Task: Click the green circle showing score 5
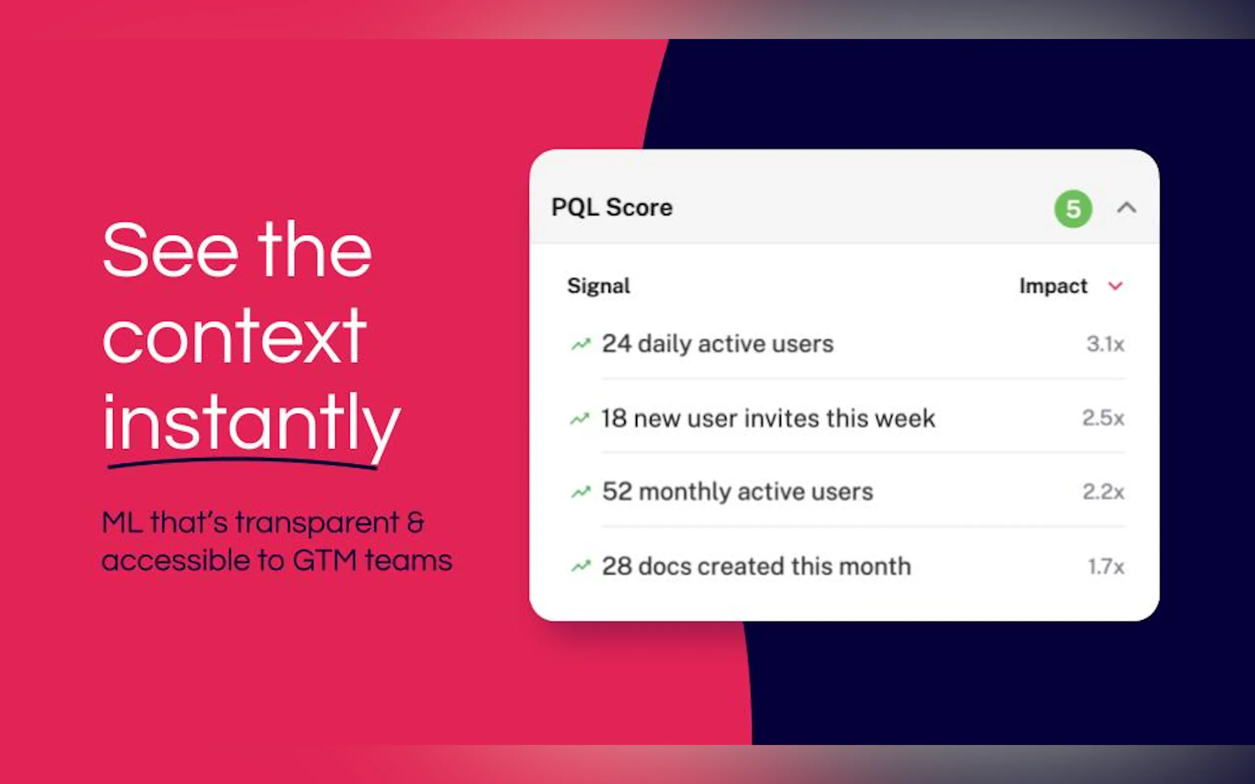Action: pos(1073,209)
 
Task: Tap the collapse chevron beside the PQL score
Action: pos(1127,208)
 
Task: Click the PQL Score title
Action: pos(612,207)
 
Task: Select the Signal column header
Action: pos(598,286)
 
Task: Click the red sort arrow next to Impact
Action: pos(1116,286)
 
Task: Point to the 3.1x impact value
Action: pos(1106,344)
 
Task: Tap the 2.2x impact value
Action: pos(1103,492)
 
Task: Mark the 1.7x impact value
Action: pos(1106,566)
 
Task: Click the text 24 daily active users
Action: pos(717,344)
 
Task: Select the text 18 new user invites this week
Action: pos(768,418)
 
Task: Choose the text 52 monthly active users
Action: pos(737,492)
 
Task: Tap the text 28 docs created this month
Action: pos(756,566)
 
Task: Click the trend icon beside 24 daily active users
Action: pos(581,344)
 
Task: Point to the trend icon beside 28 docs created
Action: pos(581,566)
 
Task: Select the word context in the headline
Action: pos(235,336)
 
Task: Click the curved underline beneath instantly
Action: pos(242,461)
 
